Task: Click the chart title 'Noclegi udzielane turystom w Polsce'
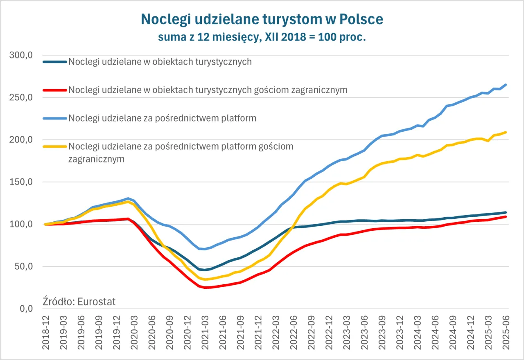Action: [262, 19]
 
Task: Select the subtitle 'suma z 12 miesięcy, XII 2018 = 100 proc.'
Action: [262, 37]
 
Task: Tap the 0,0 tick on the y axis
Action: [26, 309]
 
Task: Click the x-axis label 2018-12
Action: [45, 333]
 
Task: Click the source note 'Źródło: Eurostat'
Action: [79, 302]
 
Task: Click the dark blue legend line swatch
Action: [54, 62]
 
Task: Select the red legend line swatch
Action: [54, 90]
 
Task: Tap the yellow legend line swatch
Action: [54, 146]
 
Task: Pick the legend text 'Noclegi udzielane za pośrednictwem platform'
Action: [163, 118]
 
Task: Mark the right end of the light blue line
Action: [506, 85]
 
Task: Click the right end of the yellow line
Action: [506, 132]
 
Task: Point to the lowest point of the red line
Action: [205, 288]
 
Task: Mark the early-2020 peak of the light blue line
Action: [128, 198]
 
